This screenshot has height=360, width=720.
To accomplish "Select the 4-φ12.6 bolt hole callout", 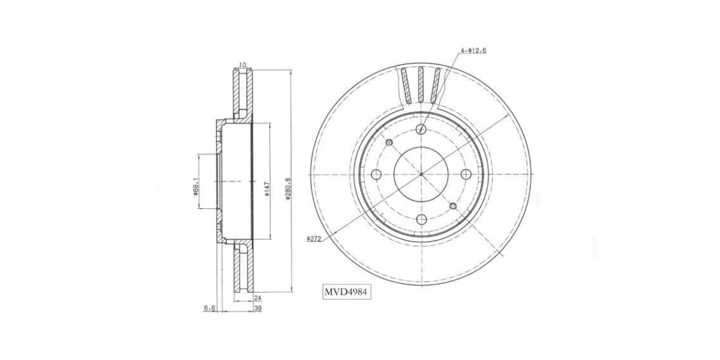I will [x=473, y=51].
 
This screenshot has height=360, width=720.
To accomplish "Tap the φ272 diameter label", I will [x=314, y=238].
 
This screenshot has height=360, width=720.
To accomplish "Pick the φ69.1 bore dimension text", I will [x=196, y=185].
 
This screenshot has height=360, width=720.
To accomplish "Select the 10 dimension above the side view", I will [x=242, y=65].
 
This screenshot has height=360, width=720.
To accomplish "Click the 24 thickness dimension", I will [x=257, y=298].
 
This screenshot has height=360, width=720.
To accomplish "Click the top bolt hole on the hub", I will [x=421, y=129].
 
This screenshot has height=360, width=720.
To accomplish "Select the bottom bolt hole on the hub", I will [x=421, y=219].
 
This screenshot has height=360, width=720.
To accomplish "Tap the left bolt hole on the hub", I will [x=377, y=174].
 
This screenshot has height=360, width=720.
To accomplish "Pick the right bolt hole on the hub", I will [x=466, y=174].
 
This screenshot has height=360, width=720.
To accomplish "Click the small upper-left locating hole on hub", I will [x=389, y=142].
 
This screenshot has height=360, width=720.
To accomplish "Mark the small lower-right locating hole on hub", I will [x=453, y=206].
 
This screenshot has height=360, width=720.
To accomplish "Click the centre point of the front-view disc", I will [x=421, y=174].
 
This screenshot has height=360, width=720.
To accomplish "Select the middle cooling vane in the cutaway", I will [x=421, y=84].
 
